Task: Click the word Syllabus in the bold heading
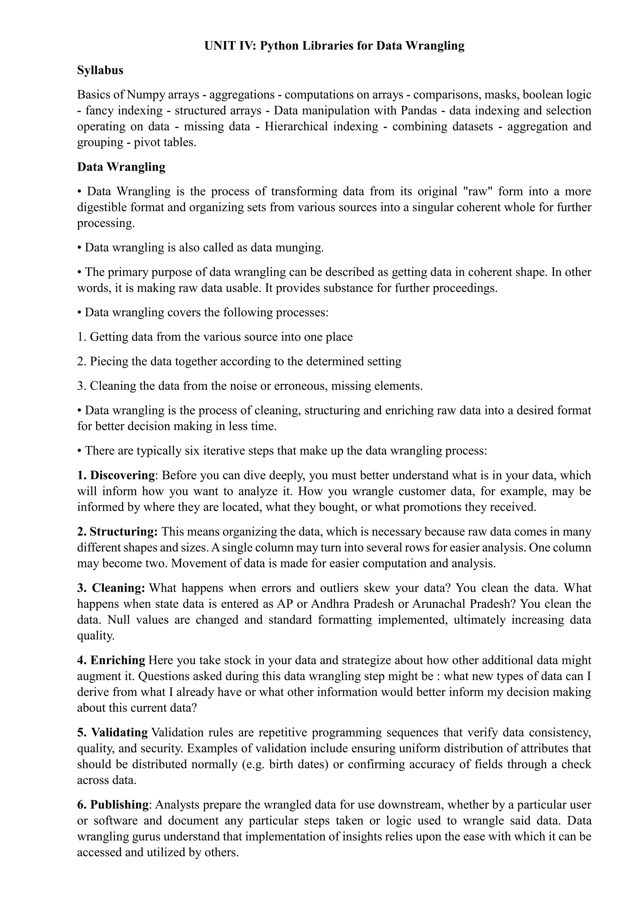(x=100, y=71)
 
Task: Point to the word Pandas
(x=419, y=111)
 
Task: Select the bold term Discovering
(x=122, y=475)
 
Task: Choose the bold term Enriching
(x=118, y=660)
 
